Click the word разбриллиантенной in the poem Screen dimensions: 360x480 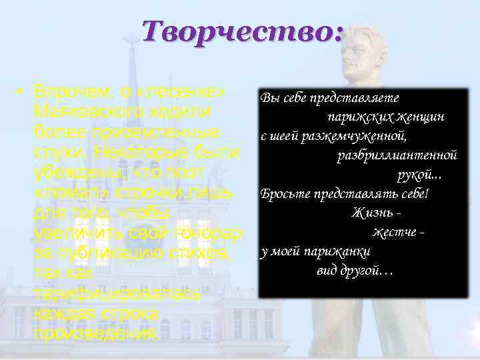(397, 155)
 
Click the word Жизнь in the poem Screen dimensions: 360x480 (369, 213)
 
